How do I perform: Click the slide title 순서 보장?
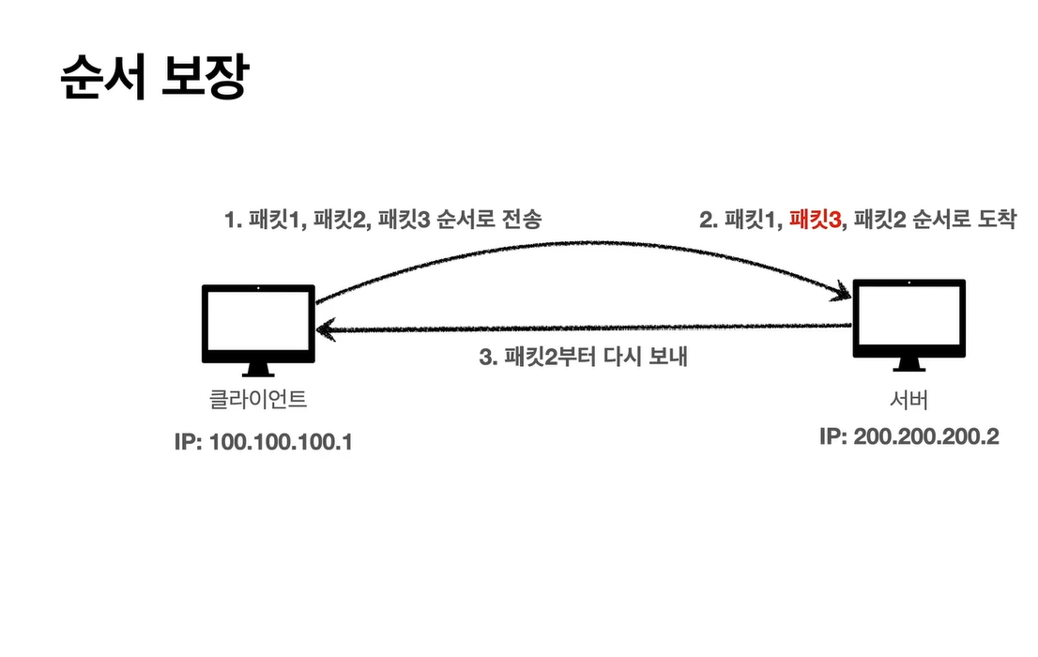point(155,77)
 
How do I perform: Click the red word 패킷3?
point(815,220)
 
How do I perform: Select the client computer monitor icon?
point(258,330)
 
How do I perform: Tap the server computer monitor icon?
point(908,325)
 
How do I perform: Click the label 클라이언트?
point(258,400)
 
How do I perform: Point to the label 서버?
point(908,400)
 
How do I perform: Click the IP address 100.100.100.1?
point(281,442)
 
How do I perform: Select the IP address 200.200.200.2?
point(926,436)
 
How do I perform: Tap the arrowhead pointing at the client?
point(327,329)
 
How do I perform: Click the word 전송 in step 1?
point(522,220)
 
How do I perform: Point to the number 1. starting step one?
point(233,220)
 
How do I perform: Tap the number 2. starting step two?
point(709,220)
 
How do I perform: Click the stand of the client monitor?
point(258,370)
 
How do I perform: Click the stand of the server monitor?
point(908,365)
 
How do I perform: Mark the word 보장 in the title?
point(206,77)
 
